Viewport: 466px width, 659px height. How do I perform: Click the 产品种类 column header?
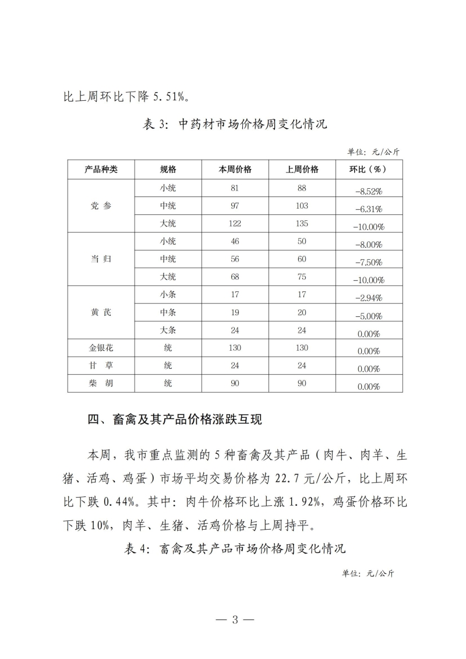click(101, 169)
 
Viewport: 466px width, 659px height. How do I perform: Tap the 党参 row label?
click(101, 206)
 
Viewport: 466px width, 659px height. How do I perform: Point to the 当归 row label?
click(101, 259)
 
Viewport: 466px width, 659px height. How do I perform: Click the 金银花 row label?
click(101, 348)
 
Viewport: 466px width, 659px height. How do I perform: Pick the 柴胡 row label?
click(101, 383)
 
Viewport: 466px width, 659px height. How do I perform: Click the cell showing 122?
click(235, 224)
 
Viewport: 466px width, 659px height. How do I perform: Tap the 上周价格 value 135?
click(302, 224)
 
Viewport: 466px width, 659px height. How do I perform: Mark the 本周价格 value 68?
click(235, 277)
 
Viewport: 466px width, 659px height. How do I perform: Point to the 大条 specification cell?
click(168, 330)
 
